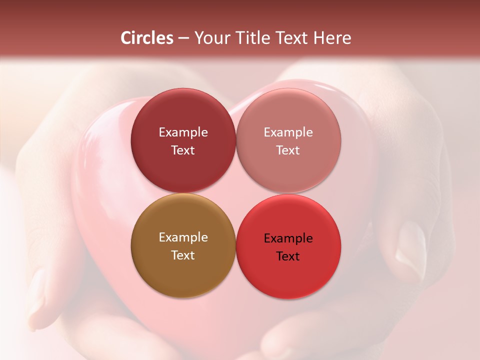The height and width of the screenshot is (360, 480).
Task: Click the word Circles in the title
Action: tap(146, 38)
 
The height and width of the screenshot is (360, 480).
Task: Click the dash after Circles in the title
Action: tap(183, 38)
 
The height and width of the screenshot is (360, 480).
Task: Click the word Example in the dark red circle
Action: tap(183, 132)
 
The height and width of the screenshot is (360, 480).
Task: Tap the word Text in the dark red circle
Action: tap(183, 150)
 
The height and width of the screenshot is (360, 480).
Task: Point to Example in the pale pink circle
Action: tap(288, 132)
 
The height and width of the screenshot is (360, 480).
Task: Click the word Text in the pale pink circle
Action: tap(288, 150)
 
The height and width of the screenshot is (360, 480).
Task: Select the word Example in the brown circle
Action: tap(183, 237)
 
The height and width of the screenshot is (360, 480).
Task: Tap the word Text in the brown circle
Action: tap(183, 255)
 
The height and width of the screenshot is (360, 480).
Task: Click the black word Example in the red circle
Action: tap(288, 238)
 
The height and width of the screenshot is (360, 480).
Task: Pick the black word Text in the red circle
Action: tap(288, 256)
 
